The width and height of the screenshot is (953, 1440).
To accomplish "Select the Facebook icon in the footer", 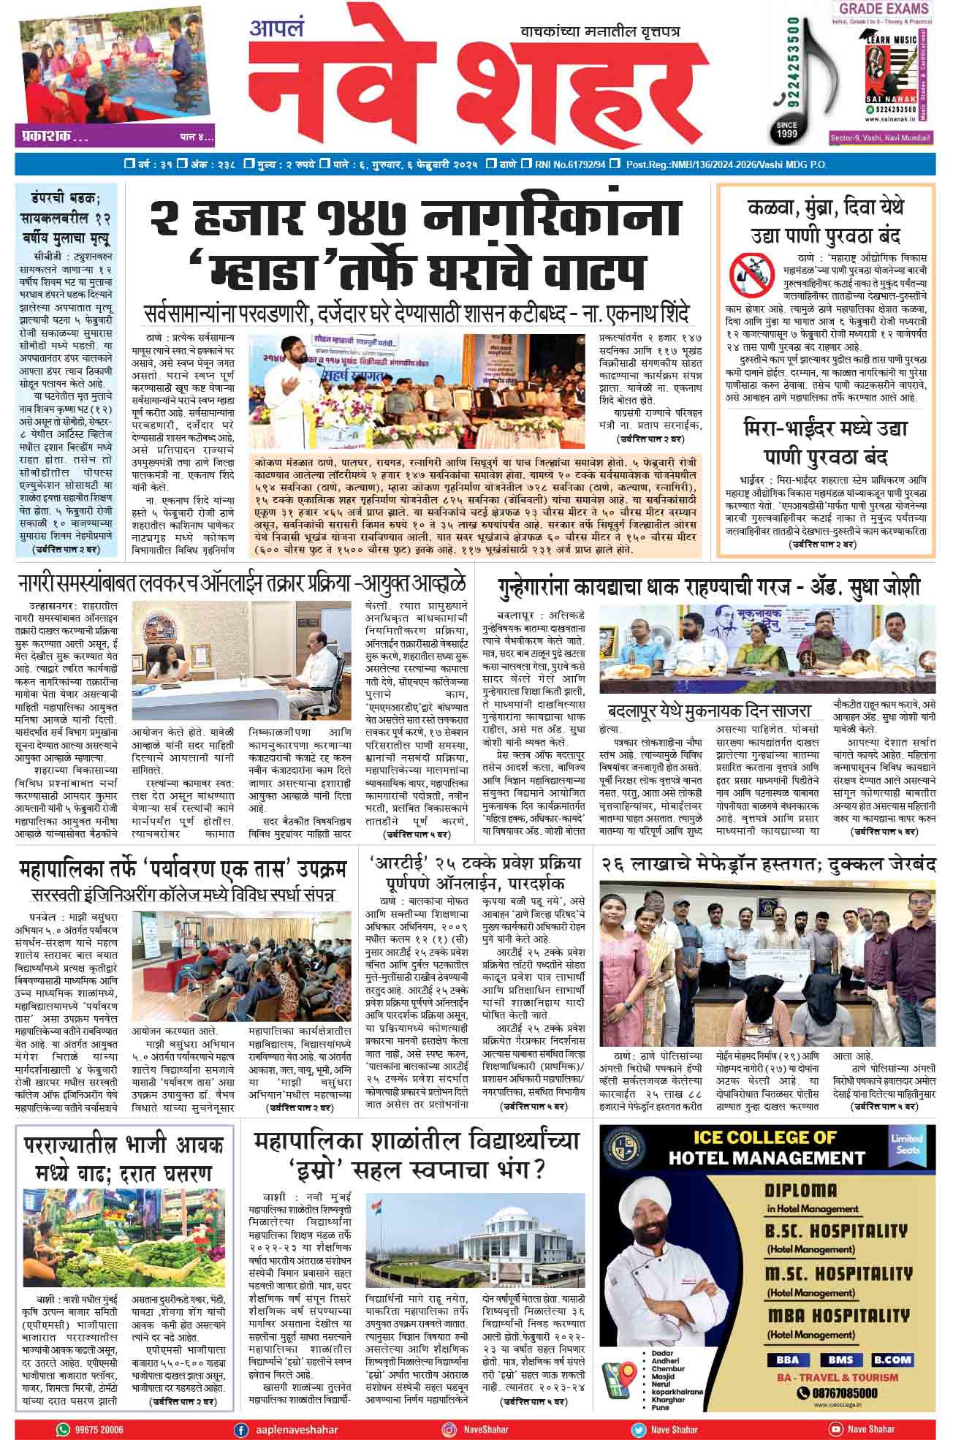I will pyautogui.click(x=239, y=1429).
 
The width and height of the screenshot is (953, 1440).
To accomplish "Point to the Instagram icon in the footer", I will pyautogui.click(x=449, y=1429).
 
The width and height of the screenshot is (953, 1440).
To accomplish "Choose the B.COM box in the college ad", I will pyautogui.click(x=892, y=1359).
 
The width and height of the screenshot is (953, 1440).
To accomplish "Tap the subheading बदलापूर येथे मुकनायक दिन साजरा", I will pyautogui.click(x=708, y=711).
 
